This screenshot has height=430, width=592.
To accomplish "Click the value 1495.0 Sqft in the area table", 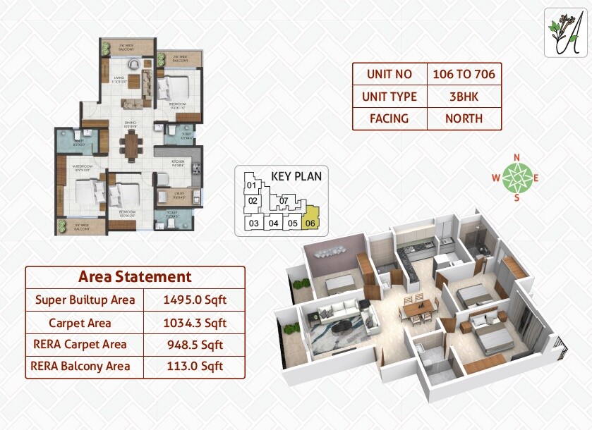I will click(194, 300).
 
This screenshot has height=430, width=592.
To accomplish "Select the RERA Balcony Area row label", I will click(81, 366).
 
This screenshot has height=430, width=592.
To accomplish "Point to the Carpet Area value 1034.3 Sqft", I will click(194, 323).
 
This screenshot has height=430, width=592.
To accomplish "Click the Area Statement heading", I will click(135, 276).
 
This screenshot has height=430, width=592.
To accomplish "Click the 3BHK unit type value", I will click(464, 97).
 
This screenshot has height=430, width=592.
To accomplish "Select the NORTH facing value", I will click(464, 118).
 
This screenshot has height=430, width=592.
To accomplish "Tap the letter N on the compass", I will click(517, 157).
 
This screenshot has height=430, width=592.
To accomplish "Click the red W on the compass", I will click(495, 178).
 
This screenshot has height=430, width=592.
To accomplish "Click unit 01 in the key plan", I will click(250, 186).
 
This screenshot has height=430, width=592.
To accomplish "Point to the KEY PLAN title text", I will click(296, 176).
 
